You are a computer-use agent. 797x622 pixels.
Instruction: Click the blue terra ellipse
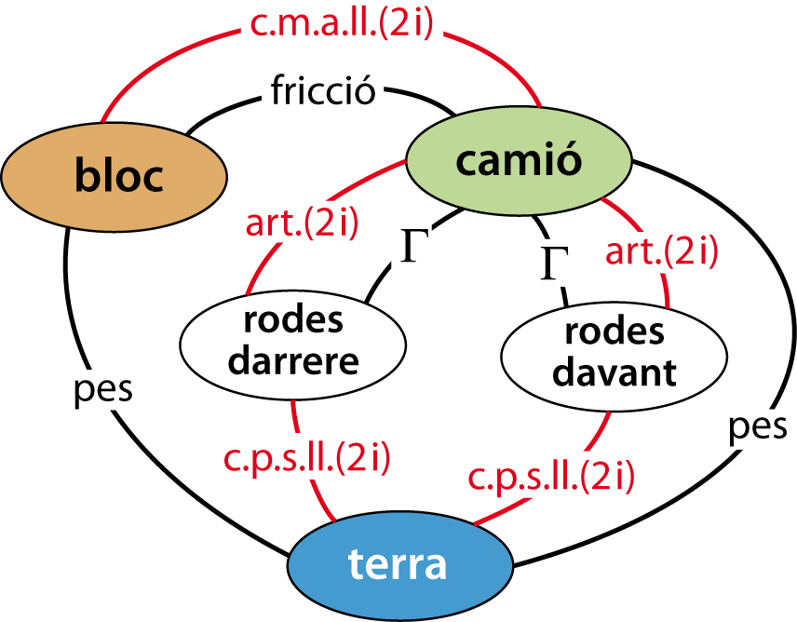pyautogui.click(x=400, y=564)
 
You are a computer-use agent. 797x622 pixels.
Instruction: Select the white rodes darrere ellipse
pyautogui.click(x=292, y=340)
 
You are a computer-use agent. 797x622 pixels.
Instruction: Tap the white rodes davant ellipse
pyautogui.click(x=614, y=353)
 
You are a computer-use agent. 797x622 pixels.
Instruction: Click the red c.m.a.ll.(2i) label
pyautogui.click(x=342, y=25)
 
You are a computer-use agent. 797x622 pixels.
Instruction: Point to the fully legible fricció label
pyautogui.click(x=322, y=92)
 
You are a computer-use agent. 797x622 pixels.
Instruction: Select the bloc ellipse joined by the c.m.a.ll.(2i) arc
pyautogui.click(x=114, y=176)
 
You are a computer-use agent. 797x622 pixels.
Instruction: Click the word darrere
pyautogui.click(x=292, y=359)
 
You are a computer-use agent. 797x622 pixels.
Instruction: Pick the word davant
pyautogui.click(x=614, y=372)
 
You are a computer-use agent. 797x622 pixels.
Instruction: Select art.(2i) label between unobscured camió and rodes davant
pyautogui.click(x=661, y=251)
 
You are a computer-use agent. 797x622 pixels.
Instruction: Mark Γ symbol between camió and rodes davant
pyautogui.click(x=550, y=263)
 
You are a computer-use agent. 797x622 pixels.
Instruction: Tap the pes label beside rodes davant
pyautogui.click(x=754, y=426)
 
